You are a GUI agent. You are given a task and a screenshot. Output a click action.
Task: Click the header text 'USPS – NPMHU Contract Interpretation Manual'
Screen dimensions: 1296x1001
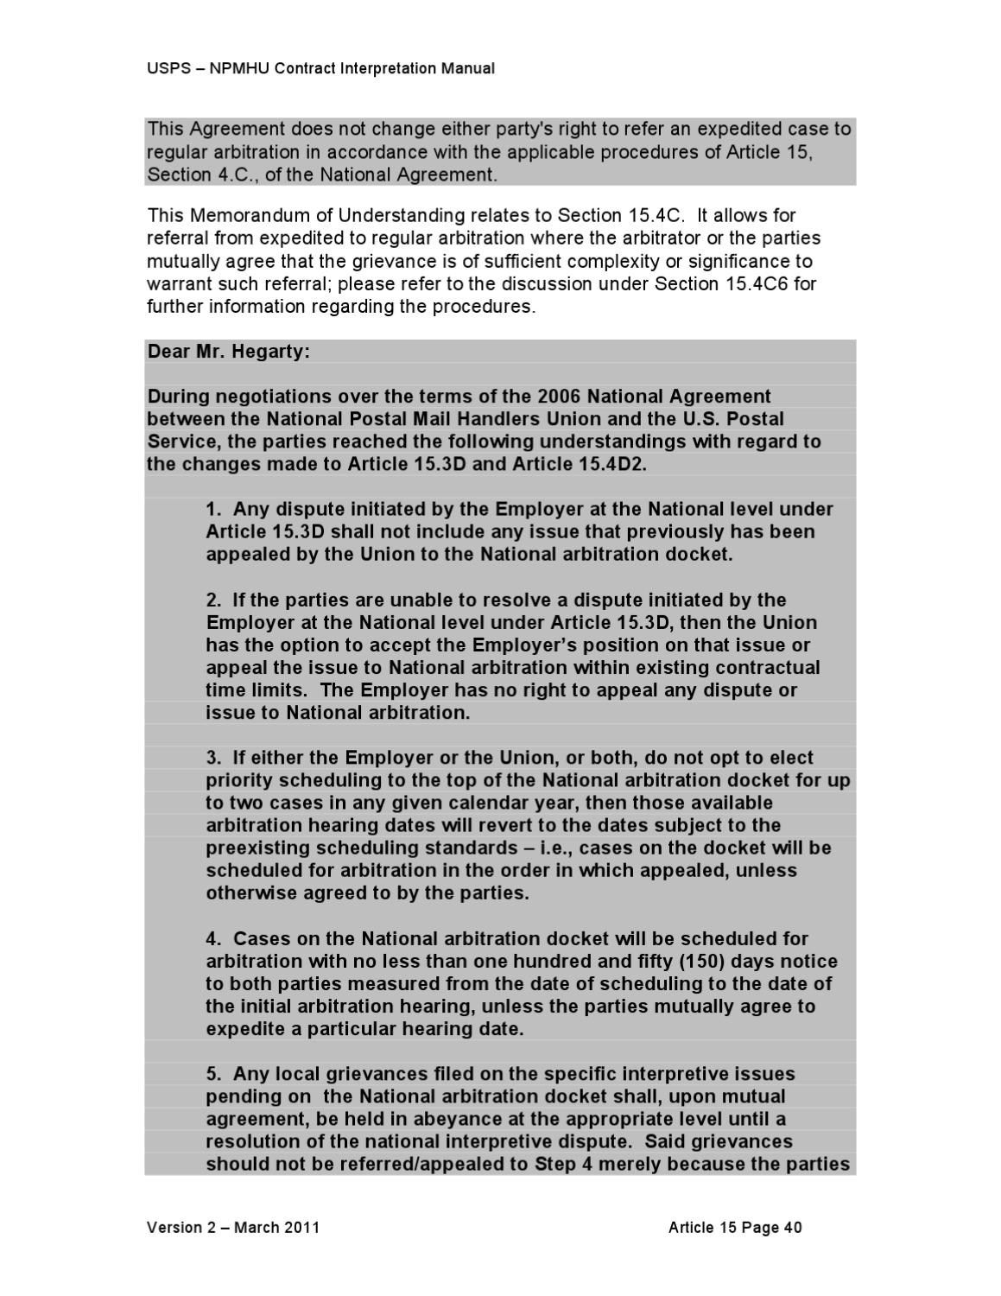pos(320,69)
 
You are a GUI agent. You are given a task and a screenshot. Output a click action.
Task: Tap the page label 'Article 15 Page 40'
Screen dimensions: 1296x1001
pos(735,1228)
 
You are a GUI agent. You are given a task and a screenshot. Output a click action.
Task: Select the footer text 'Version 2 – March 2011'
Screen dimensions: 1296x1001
pos(233,1228)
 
